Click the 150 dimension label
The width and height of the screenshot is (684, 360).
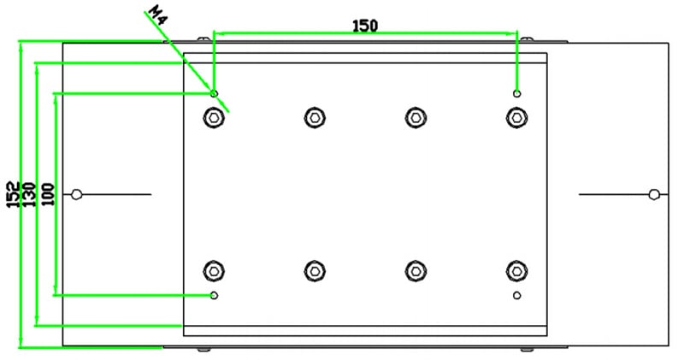click(x=365, y=27)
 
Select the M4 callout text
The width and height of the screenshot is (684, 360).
click(x=158, y=15)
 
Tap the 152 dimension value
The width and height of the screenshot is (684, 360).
click(x=13, y=194)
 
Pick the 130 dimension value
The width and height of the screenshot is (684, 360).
click(x=28, y=194)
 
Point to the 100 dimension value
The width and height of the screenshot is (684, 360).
click(x=48, y=194)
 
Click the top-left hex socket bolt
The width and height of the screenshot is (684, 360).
click(x=214, y=117)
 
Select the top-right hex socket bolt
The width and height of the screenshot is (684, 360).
click(x=517, y=117)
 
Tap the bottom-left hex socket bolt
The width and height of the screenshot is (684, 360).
click(x=214, y=271)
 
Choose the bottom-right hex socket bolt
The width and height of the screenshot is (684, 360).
click(x=517, y=271)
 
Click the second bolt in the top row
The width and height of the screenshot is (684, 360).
click(x=315, y=117)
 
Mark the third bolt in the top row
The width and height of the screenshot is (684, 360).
click(x=416, y=117)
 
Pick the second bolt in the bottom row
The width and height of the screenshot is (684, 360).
click(x=315, y=271)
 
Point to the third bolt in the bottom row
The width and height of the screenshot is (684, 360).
click(x=416, y=271)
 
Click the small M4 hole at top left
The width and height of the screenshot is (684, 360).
click(x=214, y=93)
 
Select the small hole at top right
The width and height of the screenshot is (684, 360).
click(x=517, y=93)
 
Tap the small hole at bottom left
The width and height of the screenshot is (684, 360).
click(x=214, y=295)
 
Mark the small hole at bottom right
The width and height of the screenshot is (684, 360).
click(x=517, y=295)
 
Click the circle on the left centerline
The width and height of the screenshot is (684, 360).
click(x=76, y=194)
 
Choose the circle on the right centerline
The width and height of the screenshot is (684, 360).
click(x=654, y=194)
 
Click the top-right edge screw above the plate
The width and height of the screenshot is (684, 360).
click(x=527, y=39)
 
